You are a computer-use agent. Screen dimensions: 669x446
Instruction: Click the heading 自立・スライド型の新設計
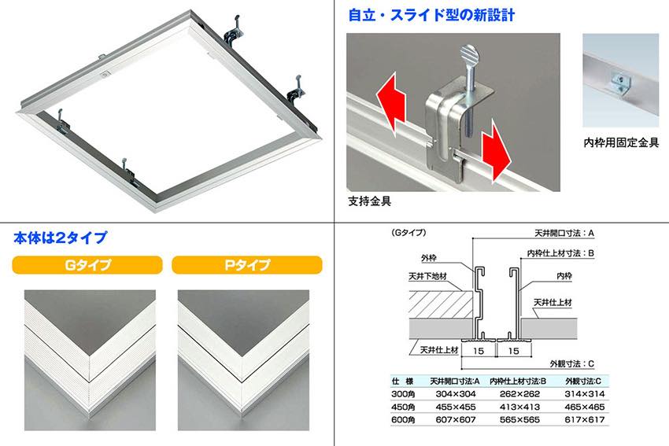point(431,15)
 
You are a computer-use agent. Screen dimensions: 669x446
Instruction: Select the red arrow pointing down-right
point(496,151)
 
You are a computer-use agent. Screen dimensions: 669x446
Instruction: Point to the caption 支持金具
point(369,201)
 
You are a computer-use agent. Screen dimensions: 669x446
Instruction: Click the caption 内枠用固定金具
point(621,142)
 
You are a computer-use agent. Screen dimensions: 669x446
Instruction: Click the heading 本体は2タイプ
point(60,238)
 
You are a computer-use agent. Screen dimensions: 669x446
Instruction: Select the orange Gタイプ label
point(87,265)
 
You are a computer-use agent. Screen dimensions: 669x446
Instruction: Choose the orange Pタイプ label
point(247,265)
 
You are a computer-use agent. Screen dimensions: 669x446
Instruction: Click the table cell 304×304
point(456,394)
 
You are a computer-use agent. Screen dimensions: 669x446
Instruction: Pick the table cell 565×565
point(519,419)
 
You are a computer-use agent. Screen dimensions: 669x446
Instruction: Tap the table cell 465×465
point(585,407)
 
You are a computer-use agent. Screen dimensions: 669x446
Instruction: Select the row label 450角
point(403,407)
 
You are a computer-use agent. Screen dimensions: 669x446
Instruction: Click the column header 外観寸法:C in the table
point(583,381)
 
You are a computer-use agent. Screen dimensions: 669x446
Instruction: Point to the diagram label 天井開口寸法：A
point(564,234)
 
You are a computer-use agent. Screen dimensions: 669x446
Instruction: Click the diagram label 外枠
point(429,258)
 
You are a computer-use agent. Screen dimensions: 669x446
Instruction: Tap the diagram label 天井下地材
point(428,276)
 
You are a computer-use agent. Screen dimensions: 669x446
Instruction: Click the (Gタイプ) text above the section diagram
point(408,233)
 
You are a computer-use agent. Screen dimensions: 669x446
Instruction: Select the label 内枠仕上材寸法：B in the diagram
point(560,253)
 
